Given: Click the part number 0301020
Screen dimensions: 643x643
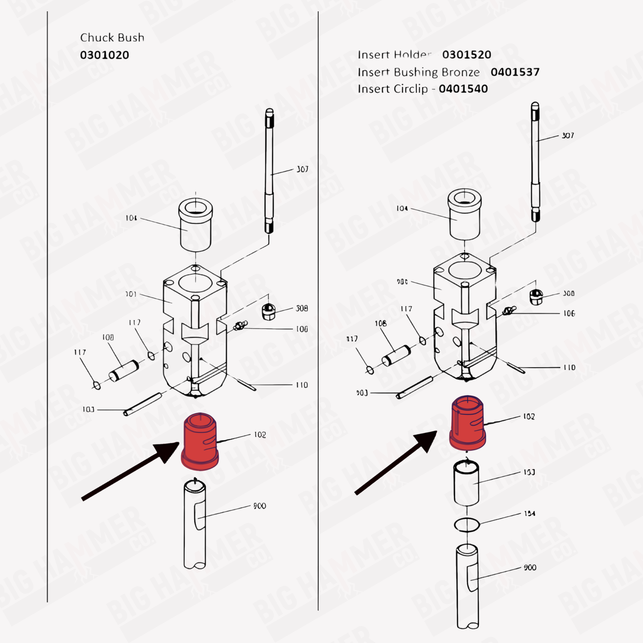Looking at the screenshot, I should click(x=105, y=55).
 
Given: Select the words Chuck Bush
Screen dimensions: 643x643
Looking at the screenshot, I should click(x=112, y=37).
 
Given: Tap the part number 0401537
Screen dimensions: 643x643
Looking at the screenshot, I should click(x=515, y=72).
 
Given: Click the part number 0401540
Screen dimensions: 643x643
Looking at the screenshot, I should click(x=463, y=89).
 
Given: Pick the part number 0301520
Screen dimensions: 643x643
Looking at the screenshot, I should click(x=467, y=55).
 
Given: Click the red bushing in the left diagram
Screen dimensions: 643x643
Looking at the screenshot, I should click(x=200, y=441).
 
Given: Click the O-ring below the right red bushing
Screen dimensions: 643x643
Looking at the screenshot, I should click(x=467, y=525).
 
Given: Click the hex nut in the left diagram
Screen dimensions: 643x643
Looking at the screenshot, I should click(x=268, y=311).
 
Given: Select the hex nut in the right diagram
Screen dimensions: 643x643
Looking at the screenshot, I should click(x=536, y=297).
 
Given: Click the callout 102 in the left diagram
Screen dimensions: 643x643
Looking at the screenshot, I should click(x=260, y=435).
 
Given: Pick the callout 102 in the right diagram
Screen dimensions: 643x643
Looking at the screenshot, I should click(x=529, y=417).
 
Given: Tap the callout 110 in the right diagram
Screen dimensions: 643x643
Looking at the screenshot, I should click(x=570, y=367).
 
